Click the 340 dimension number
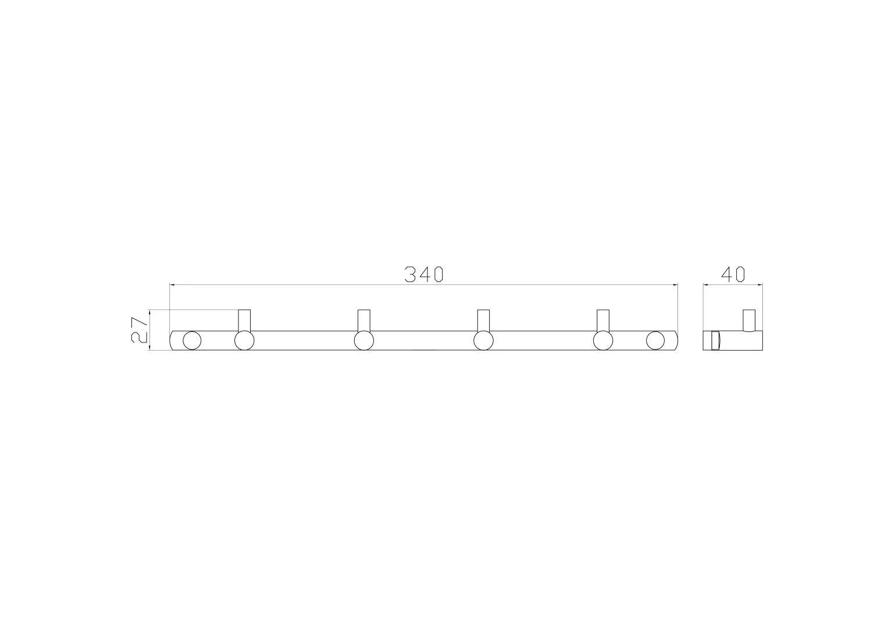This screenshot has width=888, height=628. click(x=423, y=274)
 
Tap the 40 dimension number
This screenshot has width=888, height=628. click(x=733, y=274)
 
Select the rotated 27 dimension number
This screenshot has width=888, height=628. click(x=140, y=330)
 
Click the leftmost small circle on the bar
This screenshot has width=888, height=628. click(x=192, y=341)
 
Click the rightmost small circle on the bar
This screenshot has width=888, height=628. click(x=655, y=341)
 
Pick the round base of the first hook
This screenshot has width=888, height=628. click(x=244, y=341)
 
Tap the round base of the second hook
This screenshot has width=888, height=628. click(x=364, y=341)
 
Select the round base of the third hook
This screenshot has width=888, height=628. click(x=484, y=341)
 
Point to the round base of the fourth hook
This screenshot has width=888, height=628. click(x=603, y=341)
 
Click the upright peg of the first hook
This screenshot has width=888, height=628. click(x=244, y=320)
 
